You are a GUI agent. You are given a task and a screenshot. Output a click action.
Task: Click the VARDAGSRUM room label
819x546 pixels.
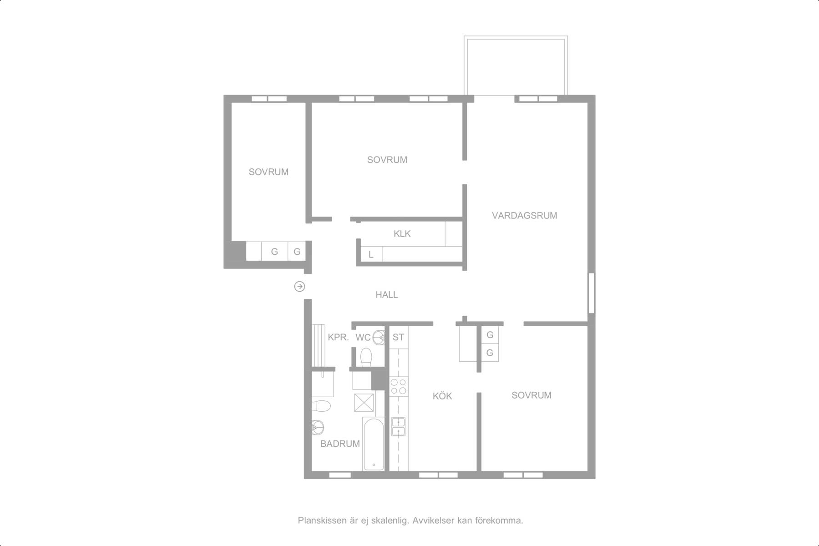pos(524,216)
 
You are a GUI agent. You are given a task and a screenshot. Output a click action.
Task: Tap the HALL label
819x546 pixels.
pos(387,295)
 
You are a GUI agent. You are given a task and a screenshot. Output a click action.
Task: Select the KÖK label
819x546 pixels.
pos(442,396)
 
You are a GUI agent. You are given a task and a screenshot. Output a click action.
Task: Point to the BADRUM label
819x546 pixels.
pos(340,444)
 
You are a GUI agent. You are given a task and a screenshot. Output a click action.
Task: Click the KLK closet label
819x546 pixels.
pos(402,234)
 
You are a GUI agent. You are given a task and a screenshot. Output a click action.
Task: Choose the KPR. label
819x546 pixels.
pos(339,338)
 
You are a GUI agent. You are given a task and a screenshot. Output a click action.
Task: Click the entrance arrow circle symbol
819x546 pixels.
pos(299,286)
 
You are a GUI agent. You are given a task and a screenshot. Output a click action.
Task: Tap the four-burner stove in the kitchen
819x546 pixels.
pos(399,386)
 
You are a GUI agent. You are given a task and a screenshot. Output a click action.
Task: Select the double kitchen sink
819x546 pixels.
pos(399,426)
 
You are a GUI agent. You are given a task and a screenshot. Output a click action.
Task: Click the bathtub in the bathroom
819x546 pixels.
pos(374,444)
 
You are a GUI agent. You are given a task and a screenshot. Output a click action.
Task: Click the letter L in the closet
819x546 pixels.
pos(371,255)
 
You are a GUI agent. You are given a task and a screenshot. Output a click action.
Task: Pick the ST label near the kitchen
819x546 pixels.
pos(398,337)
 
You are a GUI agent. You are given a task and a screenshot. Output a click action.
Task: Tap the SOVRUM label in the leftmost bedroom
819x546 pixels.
pos(268,172)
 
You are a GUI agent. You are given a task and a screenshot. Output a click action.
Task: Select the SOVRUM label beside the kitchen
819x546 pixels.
pos(531,395)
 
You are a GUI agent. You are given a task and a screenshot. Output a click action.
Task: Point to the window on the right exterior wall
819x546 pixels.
pos(591,293)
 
